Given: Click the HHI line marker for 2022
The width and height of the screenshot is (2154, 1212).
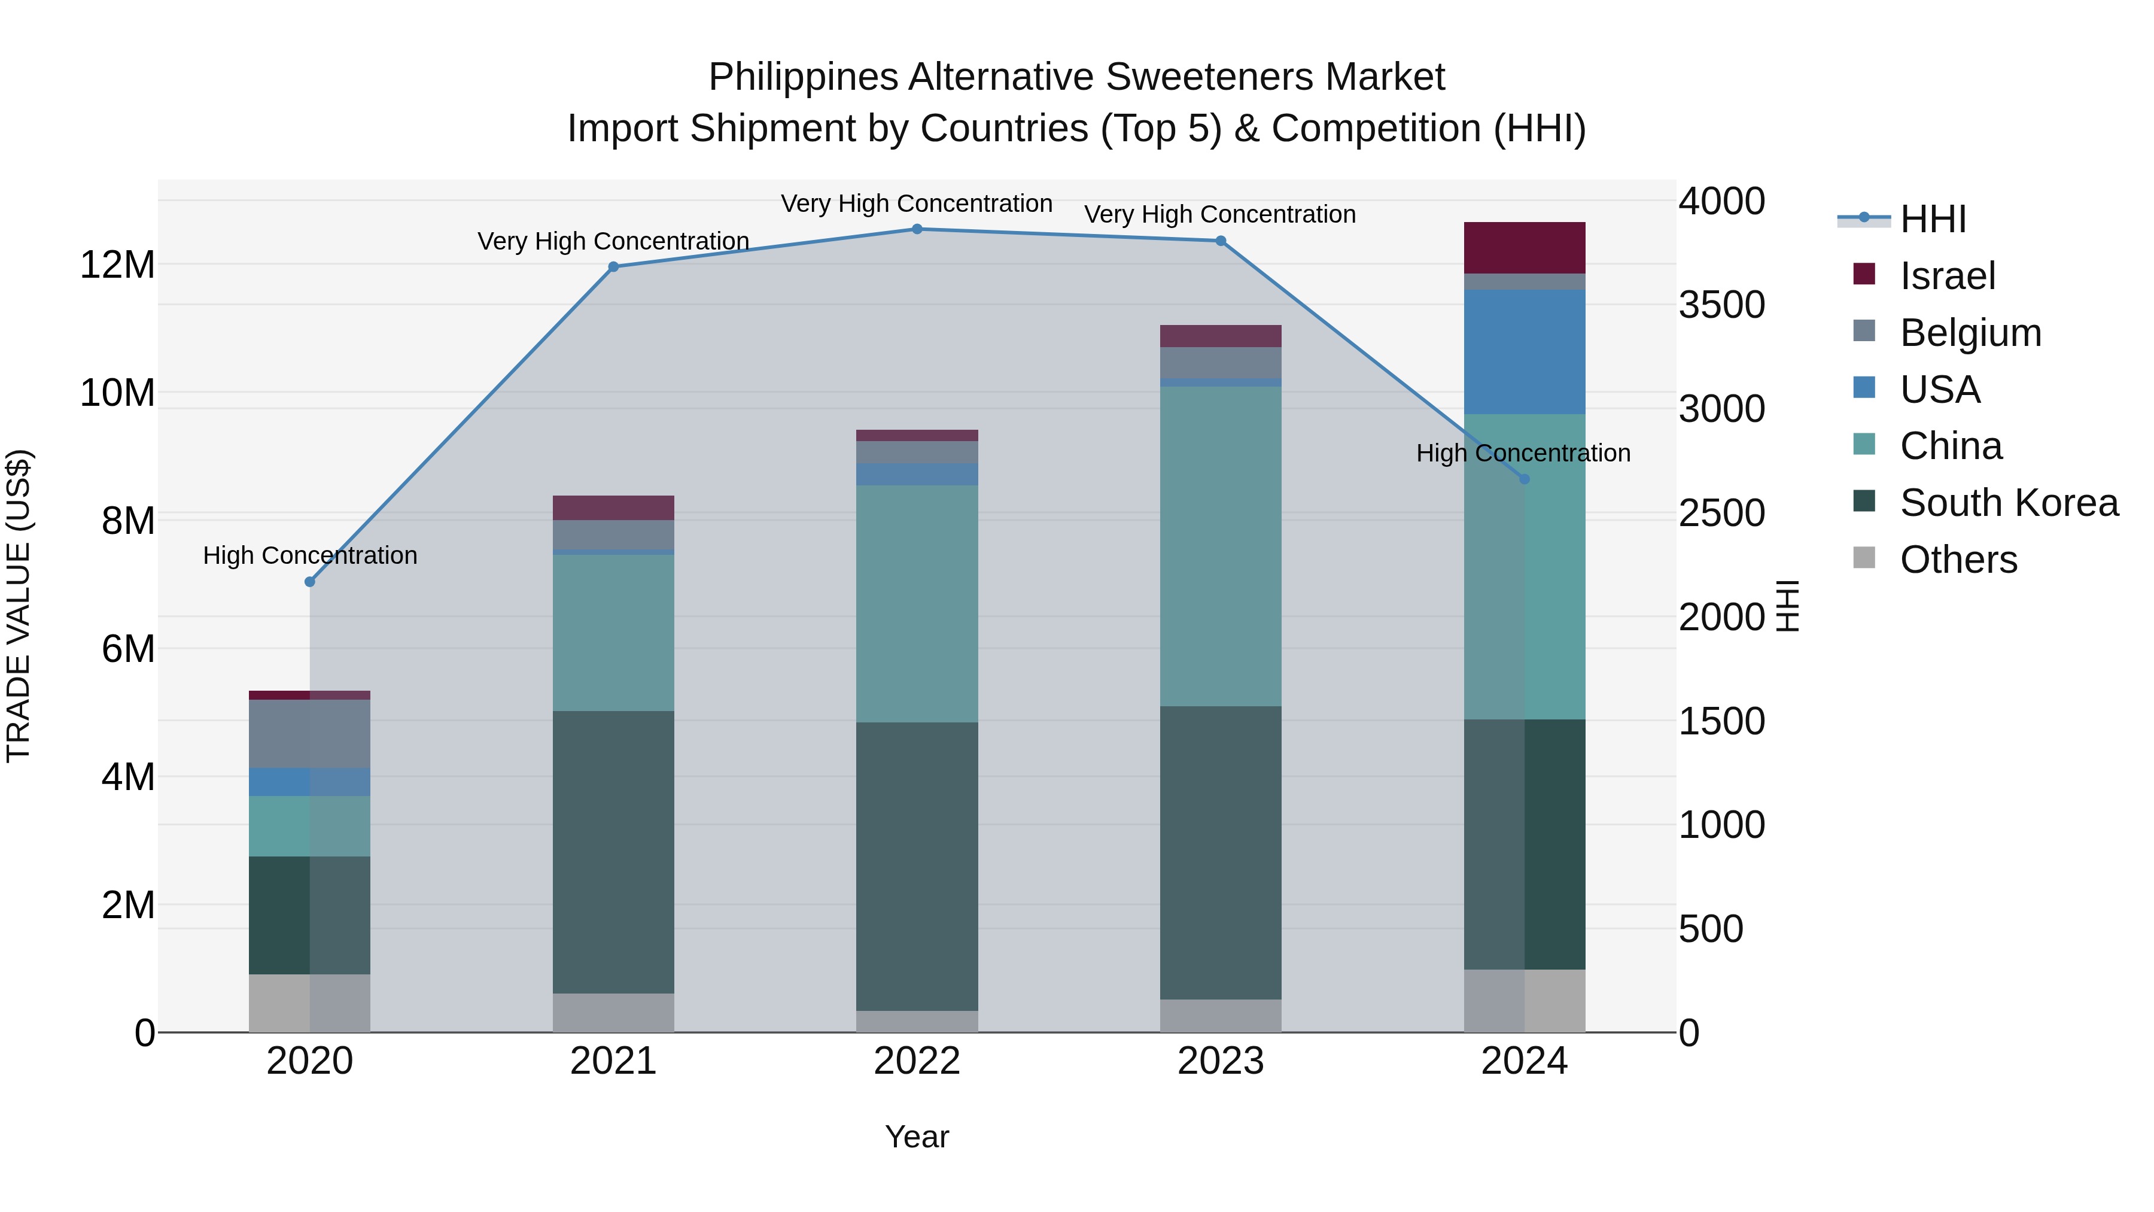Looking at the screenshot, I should pyautogui.click(x=917, y=229).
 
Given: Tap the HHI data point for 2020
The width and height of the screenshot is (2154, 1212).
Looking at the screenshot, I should pyautogui.click(x=309, y=581).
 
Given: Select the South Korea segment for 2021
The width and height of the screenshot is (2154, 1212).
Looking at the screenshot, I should pyautogui.click(x=613, y=852).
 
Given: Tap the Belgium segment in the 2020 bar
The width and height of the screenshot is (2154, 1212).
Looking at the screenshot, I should pyautogui.click(x=309, y=734).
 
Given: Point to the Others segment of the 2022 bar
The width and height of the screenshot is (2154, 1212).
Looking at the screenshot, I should pyautogui.click(x=917, y=1021).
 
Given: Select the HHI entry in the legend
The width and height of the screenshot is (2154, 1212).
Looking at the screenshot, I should pyautogui.click(x=1933, y=219).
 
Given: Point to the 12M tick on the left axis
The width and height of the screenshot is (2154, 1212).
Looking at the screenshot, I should pyautogui.click(x=117, y=265).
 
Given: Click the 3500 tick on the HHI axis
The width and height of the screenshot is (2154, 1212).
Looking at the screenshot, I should pyautogui.click(x=1721, y=305).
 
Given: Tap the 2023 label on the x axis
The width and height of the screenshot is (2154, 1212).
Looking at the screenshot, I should pyautogui.click(x=1220, y=1061).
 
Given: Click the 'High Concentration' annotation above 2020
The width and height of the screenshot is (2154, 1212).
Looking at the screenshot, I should pyautogui.click(x=309, y=555).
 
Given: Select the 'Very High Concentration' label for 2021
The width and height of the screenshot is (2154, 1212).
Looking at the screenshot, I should pyautogui.click(x=613, y=241).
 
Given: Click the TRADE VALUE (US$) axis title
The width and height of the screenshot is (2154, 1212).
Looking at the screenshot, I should pyautogui.click(x=19, y=606).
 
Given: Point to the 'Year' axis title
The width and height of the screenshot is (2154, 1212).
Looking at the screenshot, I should pyautogui.click(x=917, y=1137).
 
